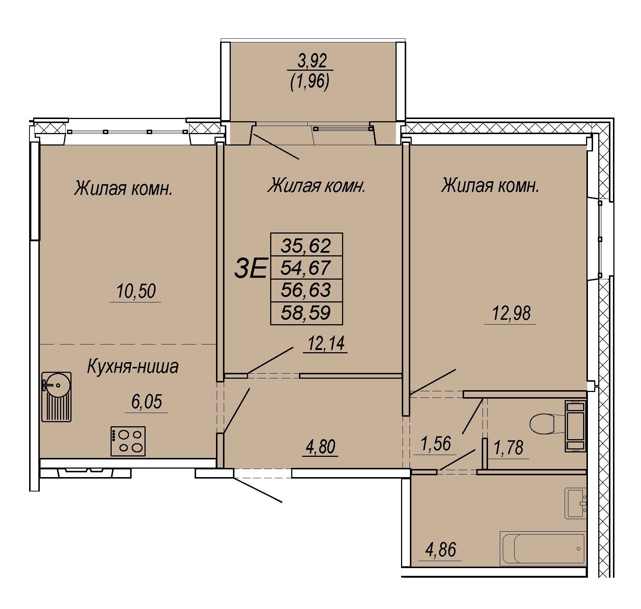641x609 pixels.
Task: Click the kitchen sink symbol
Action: point(56,396)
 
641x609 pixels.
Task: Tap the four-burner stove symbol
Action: point(128,441)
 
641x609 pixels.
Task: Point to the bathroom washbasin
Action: point(575,504)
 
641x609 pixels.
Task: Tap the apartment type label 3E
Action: point(251,269)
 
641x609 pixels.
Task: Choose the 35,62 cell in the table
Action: point(307,245)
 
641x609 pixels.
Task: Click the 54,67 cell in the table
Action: point(307,267)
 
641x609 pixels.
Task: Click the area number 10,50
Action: point(136,291)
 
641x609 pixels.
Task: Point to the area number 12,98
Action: point(511,314)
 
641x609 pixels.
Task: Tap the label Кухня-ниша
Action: point(133,367)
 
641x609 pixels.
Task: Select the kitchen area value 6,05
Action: point(146,402)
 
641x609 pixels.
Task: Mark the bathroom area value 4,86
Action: point(440,550)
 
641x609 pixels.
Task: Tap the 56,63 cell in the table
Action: point(307,291)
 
